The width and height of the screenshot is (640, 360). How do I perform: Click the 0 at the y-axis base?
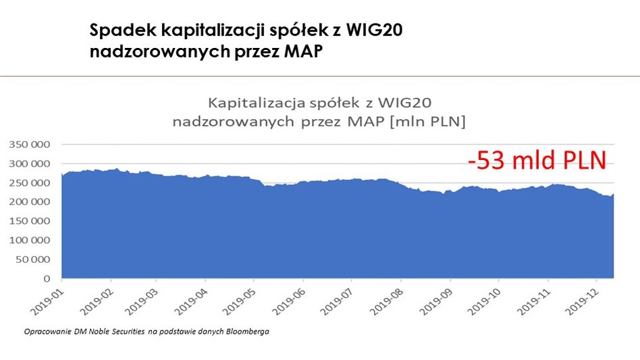click(47, 278)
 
